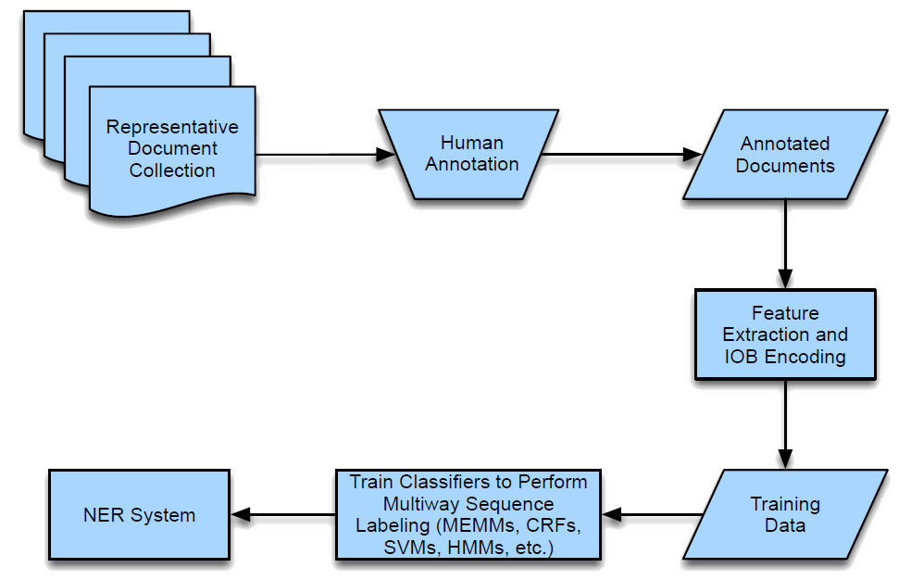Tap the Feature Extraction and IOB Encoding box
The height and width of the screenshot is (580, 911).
pyautogui.click(x=784, y=334)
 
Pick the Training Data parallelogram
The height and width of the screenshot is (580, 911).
pyautogui.click(x=785, y=514)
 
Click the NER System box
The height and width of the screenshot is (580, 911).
pyautogui.click(x=138, y=514)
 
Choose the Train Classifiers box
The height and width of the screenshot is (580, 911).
pyautogui.click(x=467, y=514)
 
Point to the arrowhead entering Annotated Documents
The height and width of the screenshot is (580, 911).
pyautogui.click(x=692, y=155)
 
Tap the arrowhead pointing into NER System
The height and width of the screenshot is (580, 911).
pyautogui.click(x=240, y=514)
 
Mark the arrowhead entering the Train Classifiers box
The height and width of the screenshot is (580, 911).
pyautogui.click(x=612, y=514)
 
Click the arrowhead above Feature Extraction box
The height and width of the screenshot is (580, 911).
pyautogui.click(x=785, y=277)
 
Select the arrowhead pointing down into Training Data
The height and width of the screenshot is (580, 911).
pyautogui.click(x=785, y=458)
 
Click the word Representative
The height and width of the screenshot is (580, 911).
pyautogui.click(x=172, y=127)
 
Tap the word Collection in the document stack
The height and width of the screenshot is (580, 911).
pyautogui.click(x=172, y=170)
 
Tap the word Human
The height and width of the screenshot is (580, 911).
pyautogui.click(x=471, y=143)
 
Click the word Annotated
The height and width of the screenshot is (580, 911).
pyautogui.click(x=785, y=144)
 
